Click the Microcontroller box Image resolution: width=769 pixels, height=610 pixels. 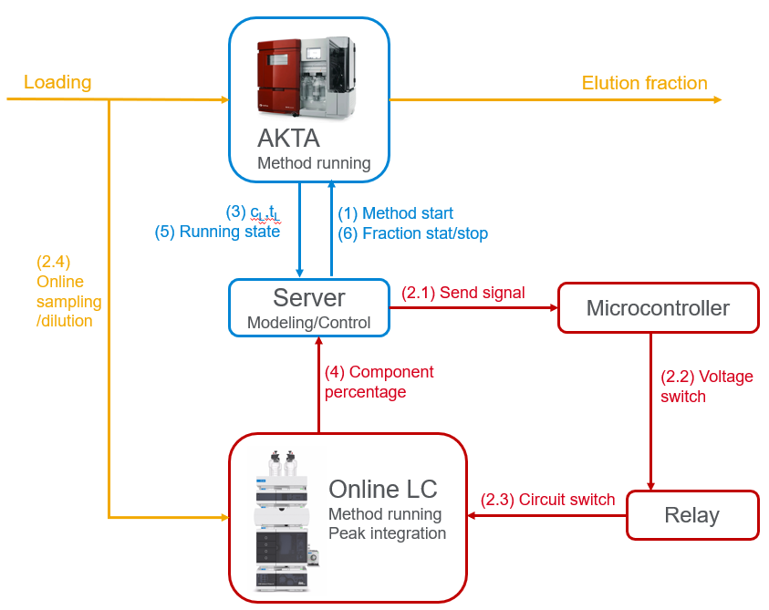(x=658, y=307)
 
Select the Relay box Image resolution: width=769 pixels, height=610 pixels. (x=692, y=515)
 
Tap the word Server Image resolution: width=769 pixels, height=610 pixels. (x=309, y=297)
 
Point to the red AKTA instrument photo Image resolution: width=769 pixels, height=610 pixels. (x=306, y=77)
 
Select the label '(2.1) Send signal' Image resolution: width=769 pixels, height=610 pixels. (x=463, y=293)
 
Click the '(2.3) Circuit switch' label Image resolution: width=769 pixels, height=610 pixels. (x=547, y=500)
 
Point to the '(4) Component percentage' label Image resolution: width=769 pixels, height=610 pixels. (x=379, y=382)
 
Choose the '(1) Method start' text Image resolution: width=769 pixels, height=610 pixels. (x=396, y=213)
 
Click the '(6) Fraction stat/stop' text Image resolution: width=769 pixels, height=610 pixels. (x=412, y=233)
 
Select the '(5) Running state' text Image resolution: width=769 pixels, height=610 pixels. (x=217, y=232)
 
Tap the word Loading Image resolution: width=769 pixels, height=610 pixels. (x=57, y=82)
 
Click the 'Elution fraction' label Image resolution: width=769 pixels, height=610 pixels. (x=645, y=83)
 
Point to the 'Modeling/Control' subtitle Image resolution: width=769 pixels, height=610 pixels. (x=309, y=323)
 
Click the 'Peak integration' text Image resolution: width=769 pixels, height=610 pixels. (x=388, y=533)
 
